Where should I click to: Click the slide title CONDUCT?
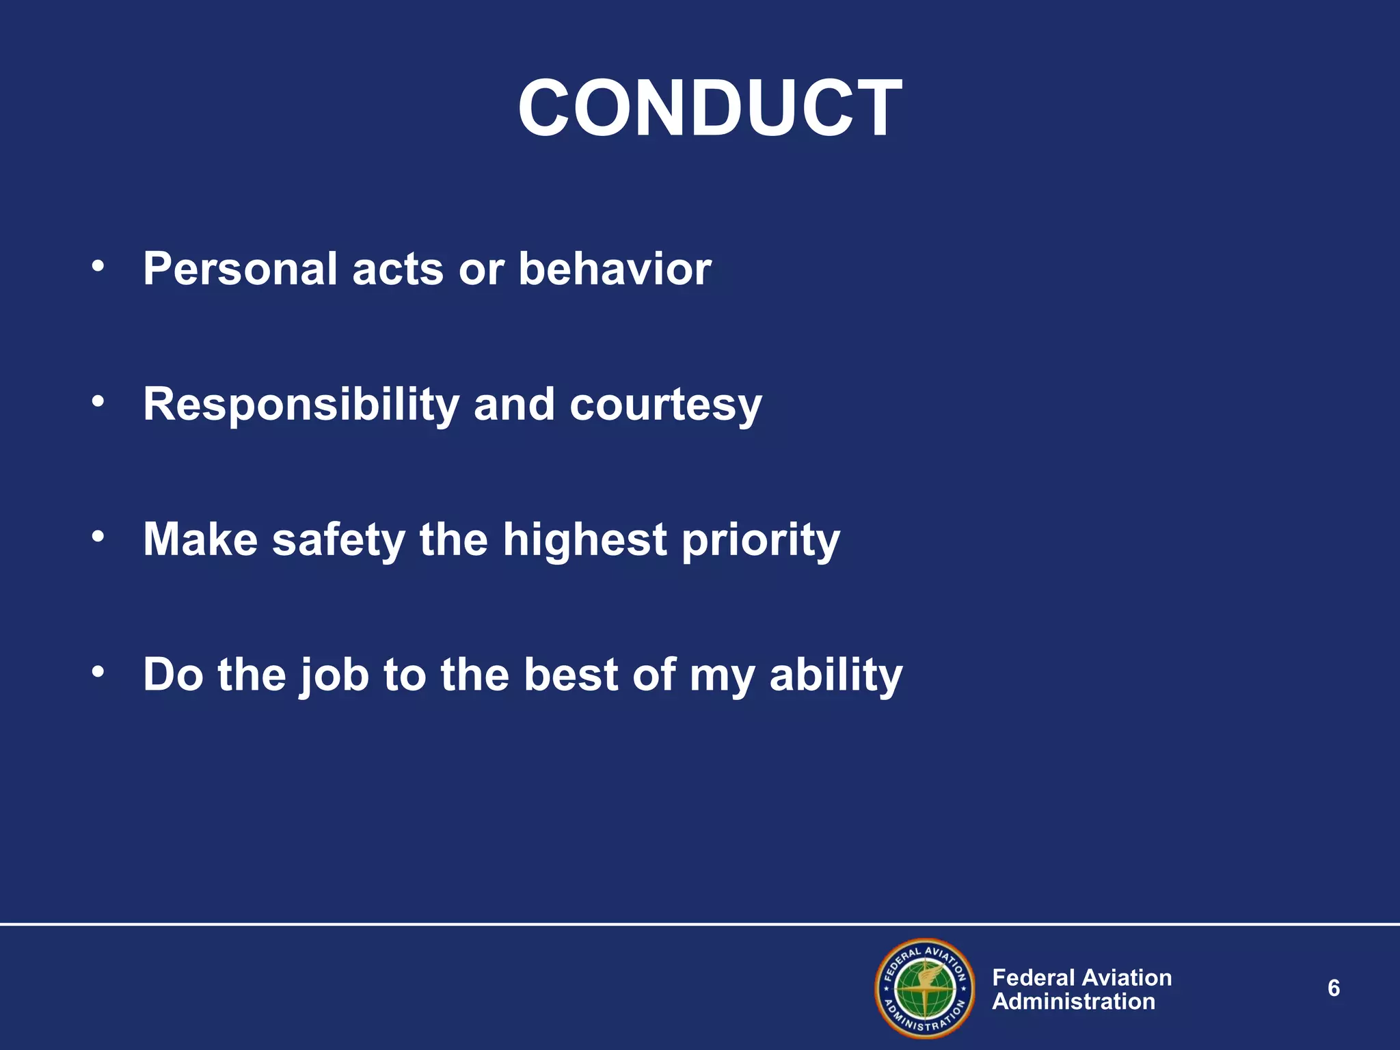pos(710,108)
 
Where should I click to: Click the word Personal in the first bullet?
pos(240,269)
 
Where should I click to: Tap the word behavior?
pos(615,269)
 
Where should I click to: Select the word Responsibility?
pos(301,405)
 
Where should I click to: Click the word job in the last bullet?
pos(335,676)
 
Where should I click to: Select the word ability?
pos(836,676)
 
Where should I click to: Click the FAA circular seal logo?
pos(925,988)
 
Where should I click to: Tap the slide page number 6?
pos(1333,988)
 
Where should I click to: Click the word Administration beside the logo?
pos(1073,1002)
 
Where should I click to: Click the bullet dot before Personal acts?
pos(98,266)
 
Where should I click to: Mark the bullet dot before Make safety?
pos(98,537)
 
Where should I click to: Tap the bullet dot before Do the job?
pos(98,672)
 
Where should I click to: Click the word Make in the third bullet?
pos(200,540)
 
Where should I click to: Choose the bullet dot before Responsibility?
pos(98,401)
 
